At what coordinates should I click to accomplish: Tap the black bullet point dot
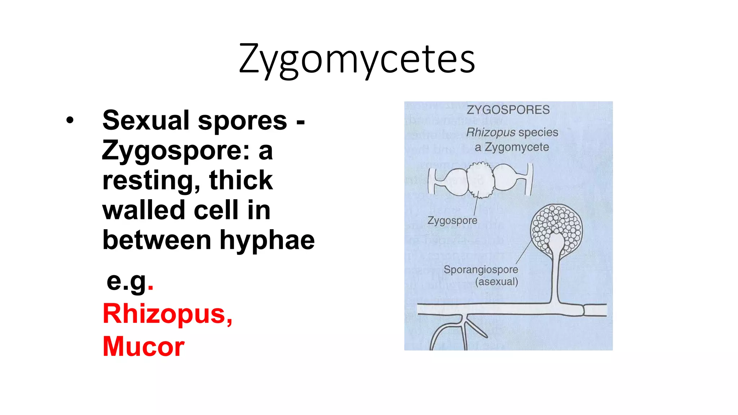[x=70, y=121]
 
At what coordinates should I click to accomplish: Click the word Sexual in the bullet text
[x=146, y=121]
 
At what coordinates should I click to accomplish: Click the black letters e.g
[x=127, y=281]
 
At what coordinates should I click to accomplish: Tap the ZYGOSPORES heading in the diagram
[x=508, y=110]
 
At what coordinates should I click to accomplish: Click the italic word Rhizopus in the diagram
[x=490, y=133]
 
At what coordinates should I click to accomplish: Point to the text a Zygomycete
[x=512, y=147]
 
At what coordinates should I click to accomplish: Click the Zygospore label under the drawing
[x=452, y=220]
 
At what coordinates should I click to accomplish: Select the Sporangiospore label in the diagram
[x=481, y=269]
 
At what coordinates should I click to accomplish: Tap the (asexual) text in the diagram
[x=497, y=282]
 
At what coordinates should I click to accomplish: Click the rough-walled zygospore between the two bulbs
[x=480, y=180]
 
